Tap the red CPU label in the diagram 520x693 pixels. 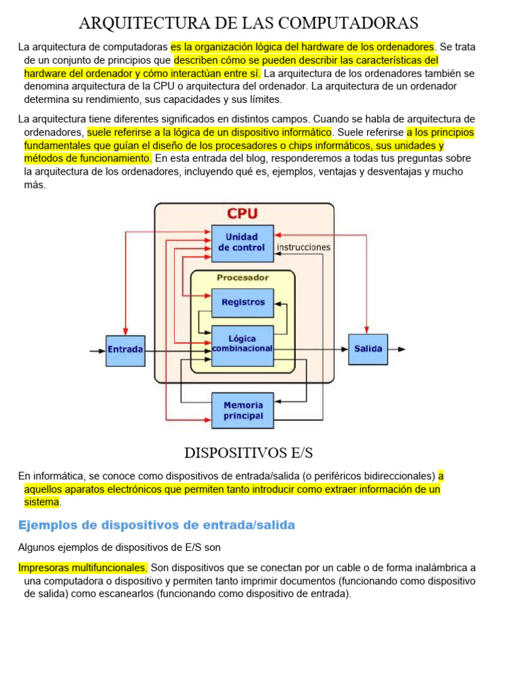pos(242,213)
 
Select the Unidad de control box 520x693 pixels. pos(242,243)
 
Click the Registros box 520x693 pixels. pos(242,303)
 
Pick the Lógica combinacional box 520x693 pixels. pos(242,345)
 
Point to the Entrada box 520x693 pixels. pos(125,350)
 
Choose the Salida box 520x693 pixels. pos(368,349)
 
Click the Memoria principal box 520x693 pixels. pos(242,410)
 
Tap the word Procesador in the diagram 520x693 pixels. pos(242,277)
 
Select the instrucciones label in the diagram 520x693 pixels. pos(303,247)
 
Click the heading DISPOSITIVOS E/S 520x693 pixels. pos(248,452)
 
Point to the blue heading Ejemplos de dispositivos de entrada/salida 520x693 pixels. pos(156,525)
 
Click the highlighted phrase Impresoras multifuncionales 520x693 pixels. pos(83,568)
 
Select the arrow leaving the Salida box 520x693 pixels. pos(397,349)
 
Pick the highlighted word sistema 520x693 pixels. pos(42,502)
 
